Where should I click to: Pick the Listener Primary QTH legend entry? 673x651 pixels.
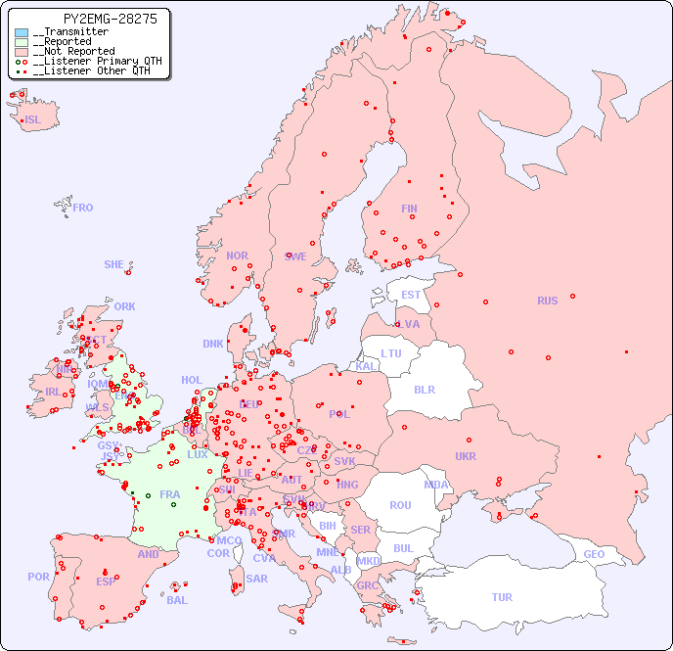click(x=89, y=61)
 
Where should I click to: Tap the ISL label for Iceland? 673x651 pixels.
click(x=32, y=120)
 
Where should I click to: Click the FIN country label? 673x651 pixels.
click(x=409, y=209)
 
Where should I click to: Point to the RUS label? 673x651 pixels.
click(x=547, y=301)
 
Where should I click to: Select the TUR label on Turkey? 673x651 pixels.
click(x=502, y=597)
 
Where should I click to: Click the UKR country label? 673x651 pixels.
click(x=466, y=456)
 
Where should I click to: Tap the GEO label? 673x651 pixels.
click(x=594, y=554)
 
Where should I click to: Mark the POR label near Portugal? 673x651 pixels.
click(x=38, y=577)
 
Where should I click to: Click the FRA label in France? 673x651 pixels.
click(x=170, y=494)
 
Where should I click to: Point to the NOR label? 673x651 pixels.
click(x=237, y=256)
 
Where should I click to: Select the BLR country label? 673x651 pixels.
click(x=425, y=389)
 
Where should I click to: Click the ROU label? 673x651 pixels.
click(x=400, y=505)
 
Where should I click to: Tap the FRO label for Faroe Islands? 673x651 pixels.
click(x=83, y=208)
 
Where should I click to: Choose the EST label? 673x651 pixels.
click(x=411, y=295)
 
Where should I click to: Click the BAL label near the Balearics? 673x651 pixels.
click(x=177, y=600)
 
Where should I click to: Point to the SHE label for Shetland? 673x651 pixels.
click(x=114, y=264)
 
